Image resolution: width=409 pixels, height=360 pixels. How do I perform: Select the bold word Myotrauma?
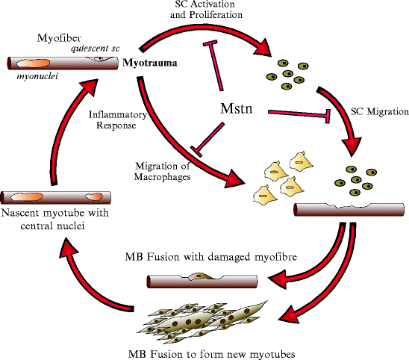[x=149, y=63]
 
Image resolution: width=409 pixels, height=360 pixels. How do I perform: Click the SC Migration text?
[x=379, y=112]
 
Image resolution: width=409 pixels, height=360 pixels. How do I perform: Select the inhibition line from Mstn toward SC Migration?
[x=298, y=114]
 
